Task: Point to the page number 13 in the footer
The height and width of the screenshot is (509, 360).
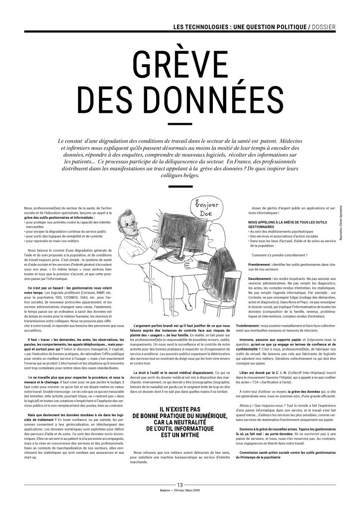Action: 180,498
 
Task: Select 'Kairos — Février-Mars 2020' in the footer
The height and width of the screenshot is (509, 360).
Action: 180,503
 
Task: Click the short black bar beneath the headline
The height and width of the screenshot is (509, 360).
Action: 180,123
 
